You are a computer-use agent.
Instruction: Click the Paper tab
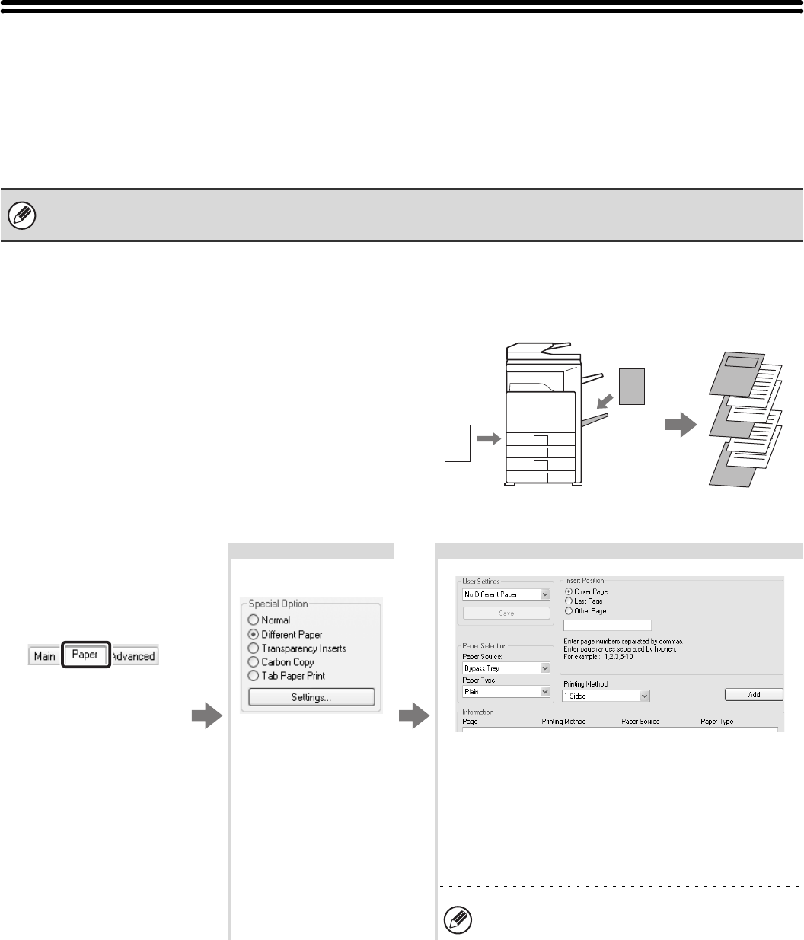(x=85, y=655)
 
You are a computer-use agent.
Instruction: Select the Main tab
(x=45, y=655)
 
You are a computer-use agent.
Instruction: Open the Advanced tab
(x=133, y=655)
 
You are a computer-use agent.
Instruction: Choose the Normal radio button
(x=254, y=620)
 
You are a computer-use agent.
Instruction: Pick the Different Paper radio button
(x=254, y=634)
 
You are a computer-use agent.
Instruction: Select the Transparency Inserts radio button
(x=254, y=648)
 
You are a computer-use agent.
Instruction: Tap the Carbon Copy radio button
(x=254, y=661)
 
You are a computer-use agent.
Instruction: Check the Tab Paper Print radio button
(x=254, y=675)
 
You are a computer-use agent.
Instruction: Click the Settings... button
(x=311, y=697)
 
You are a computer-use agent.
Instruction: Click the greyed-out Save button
(x=506, y=613)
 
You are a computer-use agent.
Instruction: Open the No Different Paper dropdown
(x=506, y=594)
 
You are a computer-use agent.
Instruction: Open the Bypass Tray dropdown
(x=506, y=668)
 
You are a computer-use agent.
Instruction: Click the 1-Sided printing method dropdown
(x=605, y=695)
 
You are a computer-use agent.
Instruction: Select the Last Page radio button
(x=568, y=601)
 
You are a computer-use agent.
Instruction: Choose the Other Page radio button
(x=568, y=610)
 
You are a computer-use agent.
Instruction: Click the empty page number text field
(x=607, y=625)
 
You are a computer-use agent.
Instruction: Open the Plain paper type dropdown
(x=506, y=692)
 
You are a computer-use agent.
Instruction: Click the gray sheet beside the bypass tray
(x=632, y=385)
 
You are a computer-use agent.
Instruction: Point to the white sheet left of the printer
(x=457, y=442)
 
